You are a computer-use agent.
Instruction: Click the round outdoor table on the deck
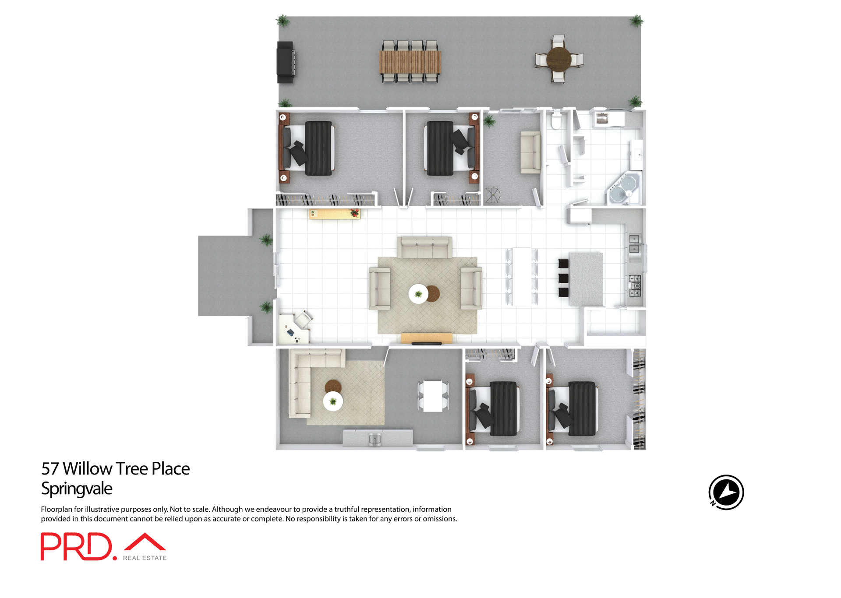[558, 59]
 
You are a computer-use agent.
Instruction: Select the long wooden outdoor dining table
[410, 62]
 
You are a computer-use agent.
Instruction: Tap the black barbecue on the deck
[285, 62]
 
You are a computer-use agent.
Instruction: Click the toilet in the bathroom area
[556, 121]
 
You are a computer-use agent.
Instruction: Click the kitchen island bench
[586, 279]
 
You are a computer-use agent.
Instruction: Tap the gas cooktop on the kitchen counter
[635, 285]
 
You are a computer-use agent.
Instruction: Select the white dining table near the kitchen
[522, 277]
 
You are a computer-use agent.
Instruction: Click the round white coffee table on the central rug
[418, 294]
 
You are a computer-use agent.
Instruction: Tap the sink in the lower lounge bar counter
[375, 438]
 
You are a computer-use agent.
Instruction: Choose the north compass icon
[726, 492]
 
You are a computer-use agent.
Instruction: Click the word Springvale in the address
[77, 489]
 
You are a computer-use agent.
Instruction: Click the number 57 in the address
[49, 469]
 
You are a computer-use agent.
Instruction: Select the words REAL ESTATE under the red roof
[145, 558]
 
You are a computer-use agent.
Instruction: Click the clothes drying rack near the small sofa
[493, 195]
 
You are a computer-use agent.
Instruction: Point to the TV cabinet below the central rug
[427, 338]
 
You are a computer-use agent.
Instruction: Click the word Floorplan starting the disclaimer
[56, 509]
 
